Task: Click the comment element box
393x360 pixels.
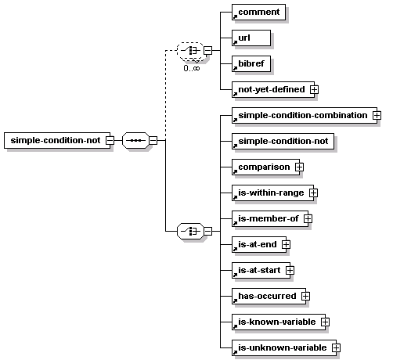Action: click(258, 12)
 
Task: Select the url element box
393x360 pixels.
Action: click(251, 38)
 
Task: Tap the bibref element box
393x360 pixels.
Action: click(251, 63)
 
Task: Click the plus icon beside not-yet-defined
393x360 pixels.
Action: click(314, 89)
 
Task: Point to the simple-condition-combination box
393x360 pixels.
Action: click(305, 115)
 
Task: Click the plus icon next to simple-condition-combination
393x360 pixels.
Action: click(377, 115)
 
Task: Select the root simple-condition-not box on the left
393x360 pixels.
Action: click(57, 140)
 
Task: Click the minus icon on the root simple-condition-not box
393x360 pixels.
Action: click(110, 140)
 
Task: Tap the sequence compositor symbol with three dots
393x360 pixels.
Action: click(135, 140)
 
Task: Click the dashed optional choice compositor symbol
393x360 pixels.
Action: click(190, 51)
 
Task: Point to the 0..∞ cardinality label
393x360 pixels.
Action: click(192, 68)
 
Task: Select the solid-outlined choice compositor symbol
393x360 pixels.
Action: click(190, 231)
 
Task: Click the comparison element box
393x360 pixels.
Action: click(265, 167)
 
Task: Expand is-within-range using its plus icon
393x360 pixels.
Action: click(313, 193)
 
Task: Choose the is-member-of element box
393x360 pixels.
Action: click(270, 218)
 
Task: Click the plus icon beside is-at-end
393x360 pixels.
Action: click(286, 244)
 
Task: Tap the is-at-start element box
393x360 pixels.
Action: click(261, 270)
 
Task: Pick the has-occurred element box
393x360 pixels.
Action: click(269, 296)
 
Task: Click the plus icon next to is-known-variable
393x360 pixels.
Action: click(325, 322)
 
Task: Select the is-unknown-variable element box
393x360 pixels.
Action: click(284, 347)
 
